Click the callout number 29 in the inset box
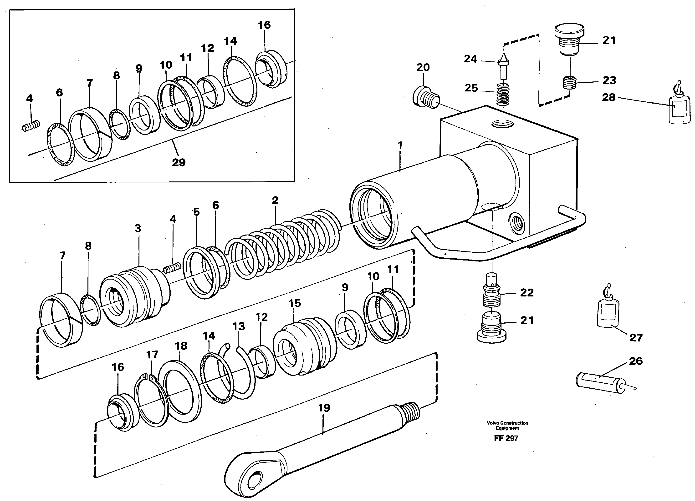[179, 162]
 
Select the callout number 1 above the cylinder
[400, 145]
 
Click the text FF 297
[506, 438]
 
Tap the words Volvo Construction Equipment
[507, 425]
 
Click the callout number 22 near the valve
[527, 293]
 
